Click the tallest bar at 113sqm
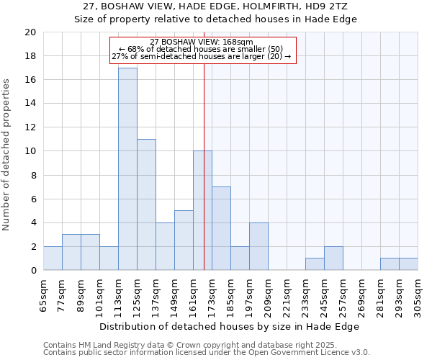(127, 169)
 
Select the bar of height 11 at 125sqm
(146, 204)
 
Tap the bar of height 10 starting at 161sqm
(202, 211)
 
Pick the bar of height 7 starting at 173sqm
(221, 228)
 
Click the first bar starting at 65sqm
(53, 258)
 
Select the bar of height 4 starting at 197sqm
(258, 246)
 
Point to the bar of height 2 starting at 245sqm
(333, 258)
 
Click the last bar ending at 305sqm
(408, 264)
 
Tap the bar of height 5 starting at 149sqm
(184, 240)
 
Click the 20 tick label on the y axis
(30, 32)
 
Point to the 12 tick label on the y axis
(30, 127)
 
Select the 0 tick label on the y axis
(32, 271)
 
